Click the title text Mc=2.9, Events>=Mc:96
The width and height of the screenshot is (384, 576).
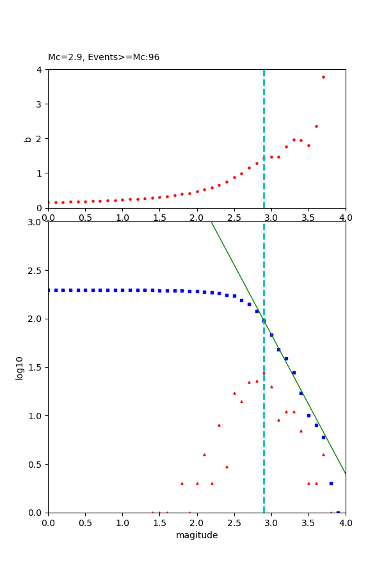(x=104, y=57)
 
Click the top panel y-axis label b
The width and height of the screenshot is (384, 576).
(x=28, y=138)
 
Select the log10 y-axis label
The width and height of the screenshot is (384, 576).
(x=20, y=368)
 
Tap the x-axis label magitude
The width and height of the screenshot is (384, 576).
(x=196, y=535)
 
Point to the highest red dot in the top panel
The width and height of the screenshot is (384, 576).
(x=323, y=77)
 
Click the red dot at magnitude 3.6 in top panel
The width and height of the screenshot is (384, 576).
(x=316, y=126)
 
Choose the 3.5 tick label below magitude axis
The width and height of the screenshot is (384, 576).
(x=308, y=523)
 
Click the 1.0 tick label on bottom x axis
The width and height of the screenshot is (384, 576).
(x=122, y=523)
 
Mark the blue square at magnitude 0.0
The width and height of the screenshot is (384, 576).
(x=49, y=290)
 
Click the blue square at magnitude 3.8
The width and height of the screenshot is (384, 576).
(x=331, y=483)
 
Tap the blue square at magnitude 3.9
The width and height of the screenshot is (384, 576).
(x=338, y=512)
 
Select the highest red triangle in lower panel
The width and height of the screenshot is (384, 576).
(x=264, y=372)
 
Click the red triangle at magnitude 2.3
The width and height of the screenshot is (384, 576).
(x=219, y=425)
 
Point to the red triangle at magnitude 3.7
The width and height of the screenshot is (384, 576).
(x=323, y=454)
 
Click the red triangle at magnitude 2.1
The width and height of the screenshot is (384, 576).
(x=204, y=454)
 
